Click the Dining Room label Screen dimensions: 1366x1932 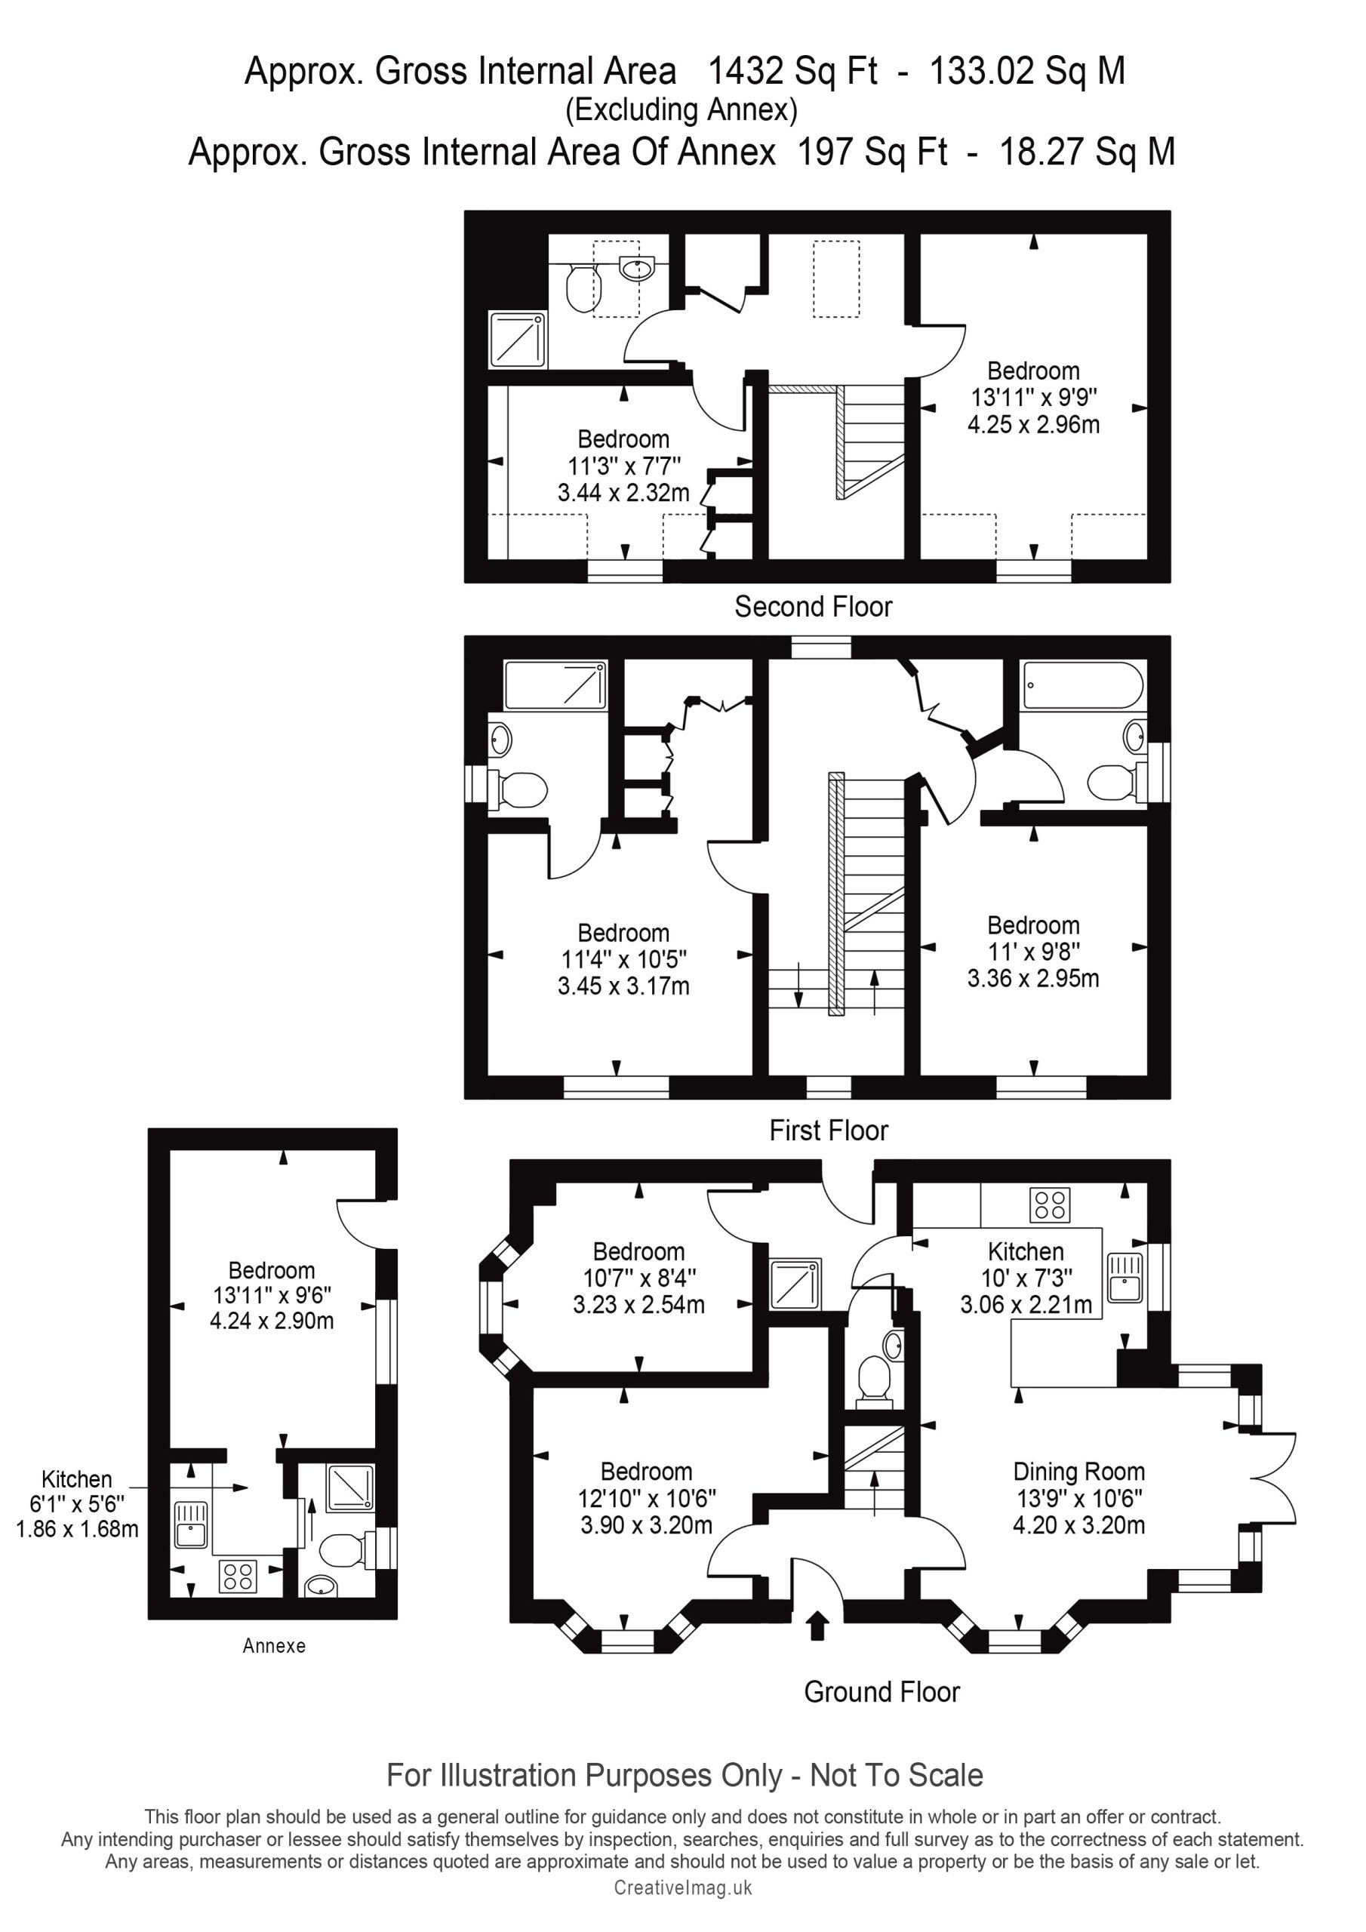(x=1078, y=1472)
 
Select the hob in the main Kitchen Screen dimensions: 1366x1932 (x=1050, y=1204)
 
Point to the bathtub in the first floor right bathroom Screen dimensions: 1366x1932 (x=1081, y=685)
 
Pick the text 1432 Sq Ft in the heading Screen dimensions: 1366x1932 (x=793, y=72)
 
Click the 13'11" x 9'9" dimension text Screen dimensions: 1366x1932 (x=1033, y=397)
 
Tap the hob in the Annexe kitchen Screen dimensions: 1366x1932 (x=237, y=1576)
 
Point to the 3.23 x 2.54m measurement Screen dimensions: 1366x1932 (x=638, y=1304)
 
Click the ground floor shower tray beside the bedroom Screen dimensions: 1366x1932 (x=795, y=1283)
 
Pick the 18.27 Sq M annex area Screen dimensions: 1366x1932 (x=1087, y=152)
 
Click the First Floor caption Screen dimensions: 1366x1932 (x=828, y=1130)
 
